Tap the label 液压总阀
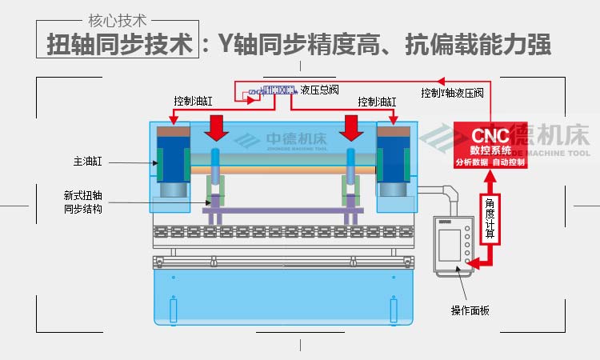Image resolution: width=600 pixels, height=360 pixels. point(320,90)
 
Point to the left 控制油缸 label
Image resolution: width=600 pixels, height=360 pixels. point(194,102)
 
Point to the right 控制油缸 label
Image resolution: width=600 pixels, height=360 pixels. point(378,102)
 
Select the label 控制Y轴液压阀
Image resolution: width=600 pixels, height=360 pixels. point(453,93)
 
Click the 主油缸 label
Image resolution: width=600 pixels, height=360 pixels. point(87,162)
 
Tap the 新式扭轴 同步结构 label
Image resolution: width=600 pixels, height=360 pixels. point(83,201)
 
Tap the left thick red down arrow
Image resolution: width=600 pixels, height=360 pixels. point(216,126)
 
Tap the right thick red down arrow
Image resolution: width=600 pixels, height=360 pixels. point(350,126)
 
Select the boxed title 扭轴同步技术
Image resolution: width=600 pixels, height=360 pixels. point(119,43)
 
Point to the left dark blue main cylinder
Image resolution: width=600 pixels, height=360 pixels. point(170,159)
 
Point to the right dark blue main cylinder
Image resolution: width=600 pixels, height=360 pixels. point(395,159)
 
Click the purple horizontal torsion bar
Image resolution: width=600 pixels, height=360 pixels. point(283,210)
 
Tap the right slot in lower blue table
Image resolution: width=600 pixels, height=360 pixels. point(392,310)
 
